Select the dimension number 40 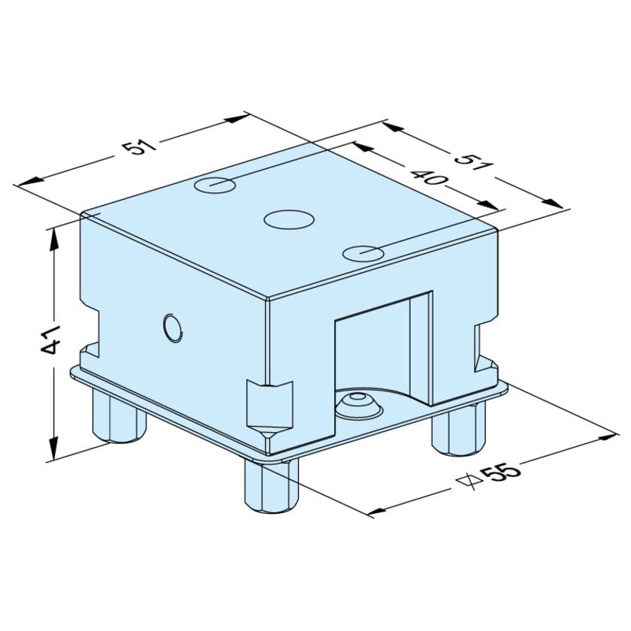(x=429, y=179)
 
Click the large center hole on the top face (x=288, y=219)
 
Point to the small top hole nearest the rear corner (x=213, y=183)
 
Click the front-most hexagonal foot (x=270, y=485)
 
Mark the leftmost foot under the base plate (x=119, y=418)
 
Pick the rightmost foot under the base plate (x=460, y=429)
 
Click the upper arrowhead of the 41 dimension (x=53, y=235)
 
